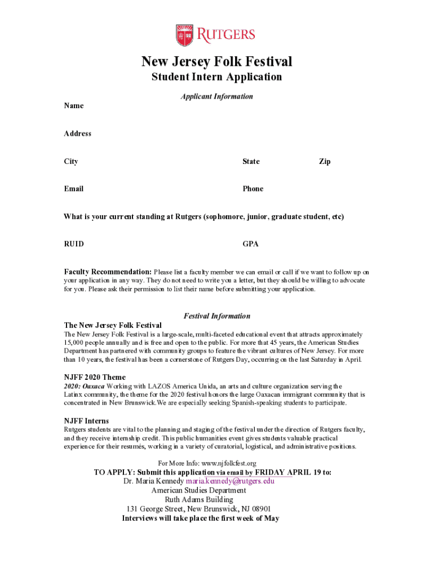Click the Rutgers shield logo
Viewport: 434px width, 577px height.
(184, 35)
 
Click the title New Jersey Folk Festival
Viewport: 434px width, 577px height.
(216, 61)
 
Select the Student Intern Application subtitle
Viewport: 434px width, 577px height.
(216, 77)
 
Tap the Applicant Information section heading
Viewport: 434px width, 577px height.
(216, 97)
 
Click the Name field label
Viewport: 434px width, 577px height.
(74, 106)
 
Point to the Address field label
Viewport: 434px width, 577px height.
(78, 134)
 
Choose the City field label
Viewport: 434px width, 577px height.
(71, 162)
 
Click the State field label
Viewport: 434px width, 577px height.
(251, 162)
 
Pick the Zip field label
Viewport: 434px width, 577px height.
(325, 162)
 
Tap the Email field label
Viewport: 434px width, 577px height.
(74, 189)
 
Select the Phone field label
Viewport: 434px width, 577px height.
(253, 189)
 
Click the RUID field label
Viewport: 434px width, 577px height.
(74, 244)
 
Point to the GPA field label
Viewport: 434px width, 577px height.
(251, 244)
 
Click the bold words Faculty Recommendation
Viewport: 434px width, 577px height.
(108, 272)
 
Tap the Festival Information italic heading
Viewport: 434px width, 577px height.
(217, 316)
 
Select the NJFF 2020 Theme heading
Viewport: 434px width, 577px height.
(95, 377)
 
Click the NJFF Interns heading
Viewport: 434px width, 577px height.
(86, 421)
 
